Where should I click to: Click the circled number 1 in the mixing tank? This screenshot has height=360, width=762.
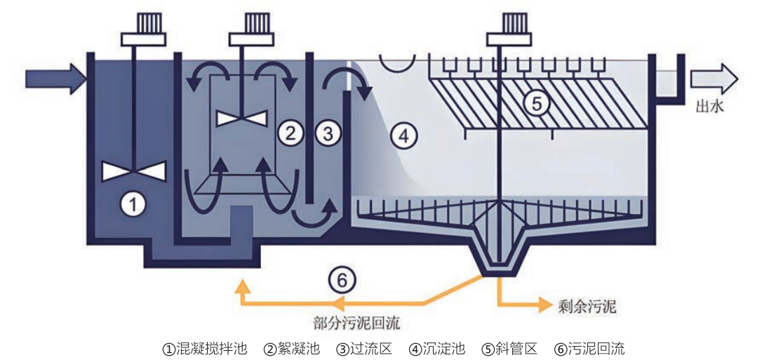133,204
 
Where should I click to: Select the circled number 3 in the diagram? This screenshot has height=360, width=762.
328,131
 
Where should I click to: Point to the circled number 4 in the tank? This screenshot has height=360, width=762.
403,136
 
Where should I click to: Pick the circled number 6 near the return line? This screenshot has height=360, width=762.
342,280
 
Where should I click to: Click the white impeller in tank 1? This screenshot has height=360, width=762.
133,170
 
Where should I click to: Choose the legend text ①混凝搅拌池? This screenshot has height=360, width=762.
204,348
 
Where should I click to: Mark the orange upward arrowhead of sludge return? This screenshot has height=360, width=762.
241,285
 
